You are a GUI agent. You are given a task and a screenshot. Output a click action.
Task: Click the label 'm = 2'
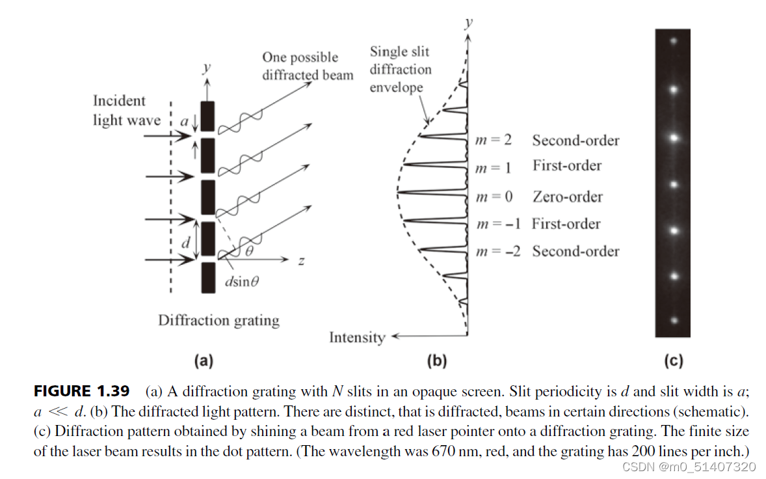click(x=493, y=141)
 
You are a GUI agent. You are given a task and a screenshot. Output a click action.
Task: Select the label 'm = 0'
click(x=493, y=197)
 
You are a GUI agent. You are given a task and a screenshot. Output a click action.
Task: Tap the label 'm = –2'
click(x=498, y=251)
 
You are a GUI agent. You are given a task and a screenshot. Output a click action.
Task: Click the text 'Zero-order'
click(x=567, y=197)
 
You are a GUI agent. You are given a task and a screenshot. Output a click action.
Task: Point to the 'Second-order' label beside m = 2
click(x=575, y=141)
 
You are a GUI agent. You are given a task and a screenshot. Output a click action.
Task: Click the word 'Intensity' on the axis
click(x=357, y=337)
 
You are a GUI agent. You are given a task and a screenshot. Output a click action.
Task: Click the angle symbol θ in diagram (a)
click(x=248, y=251)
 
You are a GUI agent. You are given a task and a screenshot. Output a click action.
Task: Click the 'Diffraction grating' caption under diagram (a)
click(x=218, y=320)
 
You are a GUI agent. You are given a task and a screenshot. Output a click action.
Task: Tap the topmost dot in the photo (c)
click(x=674, y=41)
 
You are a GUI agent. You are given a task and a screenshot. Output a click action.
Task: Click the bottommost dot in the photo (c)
click(x=674, y=320)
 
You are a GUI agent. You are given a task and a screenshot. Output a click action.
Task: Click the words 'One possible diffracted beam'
click(x=308, y=66)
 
